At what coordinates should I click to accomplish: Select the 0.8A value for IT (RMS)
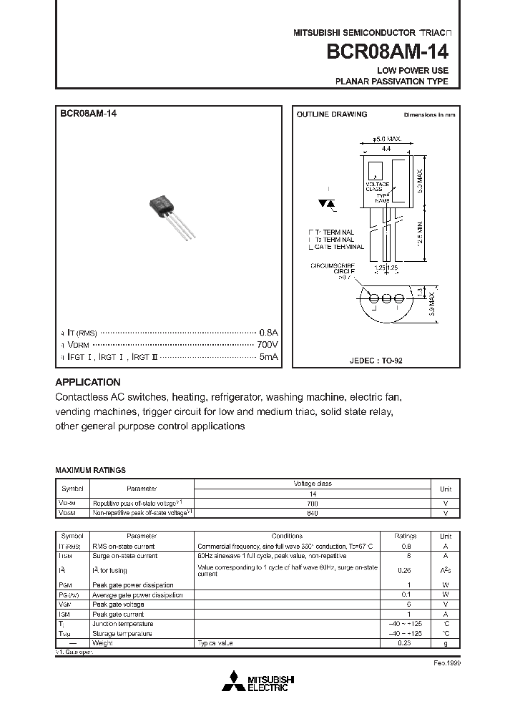(x=268, y=333)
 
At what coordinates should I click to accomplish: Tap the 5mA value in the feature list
(x=268, y=356)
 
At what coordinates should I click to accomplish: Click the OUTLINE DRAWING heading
(x=331, y=114)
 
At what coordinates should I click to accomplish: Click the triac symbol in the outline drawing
(x=327, y=204)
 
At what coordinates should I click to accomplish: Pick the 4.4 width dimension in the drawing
(x=386, y=148)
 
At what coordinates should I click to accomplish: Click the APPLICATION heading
(x=88, y=382)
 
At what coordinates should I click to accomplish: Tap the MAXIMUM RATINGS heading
(x=91, y=470)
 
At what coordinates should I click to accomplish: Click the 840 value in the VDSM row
(x=313, y=513)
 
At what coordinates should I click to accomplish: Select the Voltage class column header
(x=313, y=484)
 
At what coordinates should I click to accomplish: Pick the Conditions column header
(x=287, y=536)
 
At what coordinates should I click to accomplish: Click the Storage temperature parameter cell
(x=122, y=634)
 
